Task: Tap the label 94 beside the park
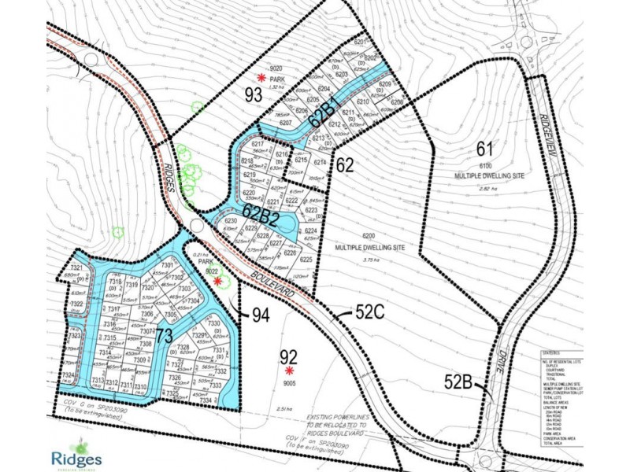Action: point(261,315)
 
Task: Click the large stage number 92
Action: point(290,356)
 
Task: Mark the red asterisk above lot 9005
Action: point(290,371)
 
